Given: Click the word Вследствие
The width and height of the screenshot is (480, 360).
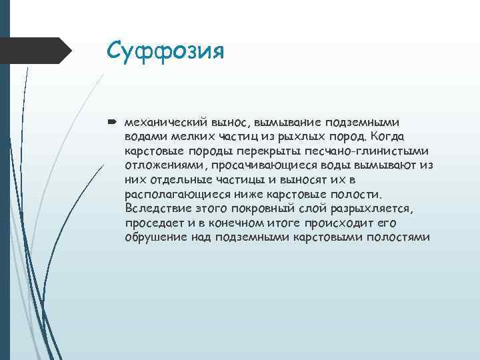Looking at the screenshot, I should coord(157,209).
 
